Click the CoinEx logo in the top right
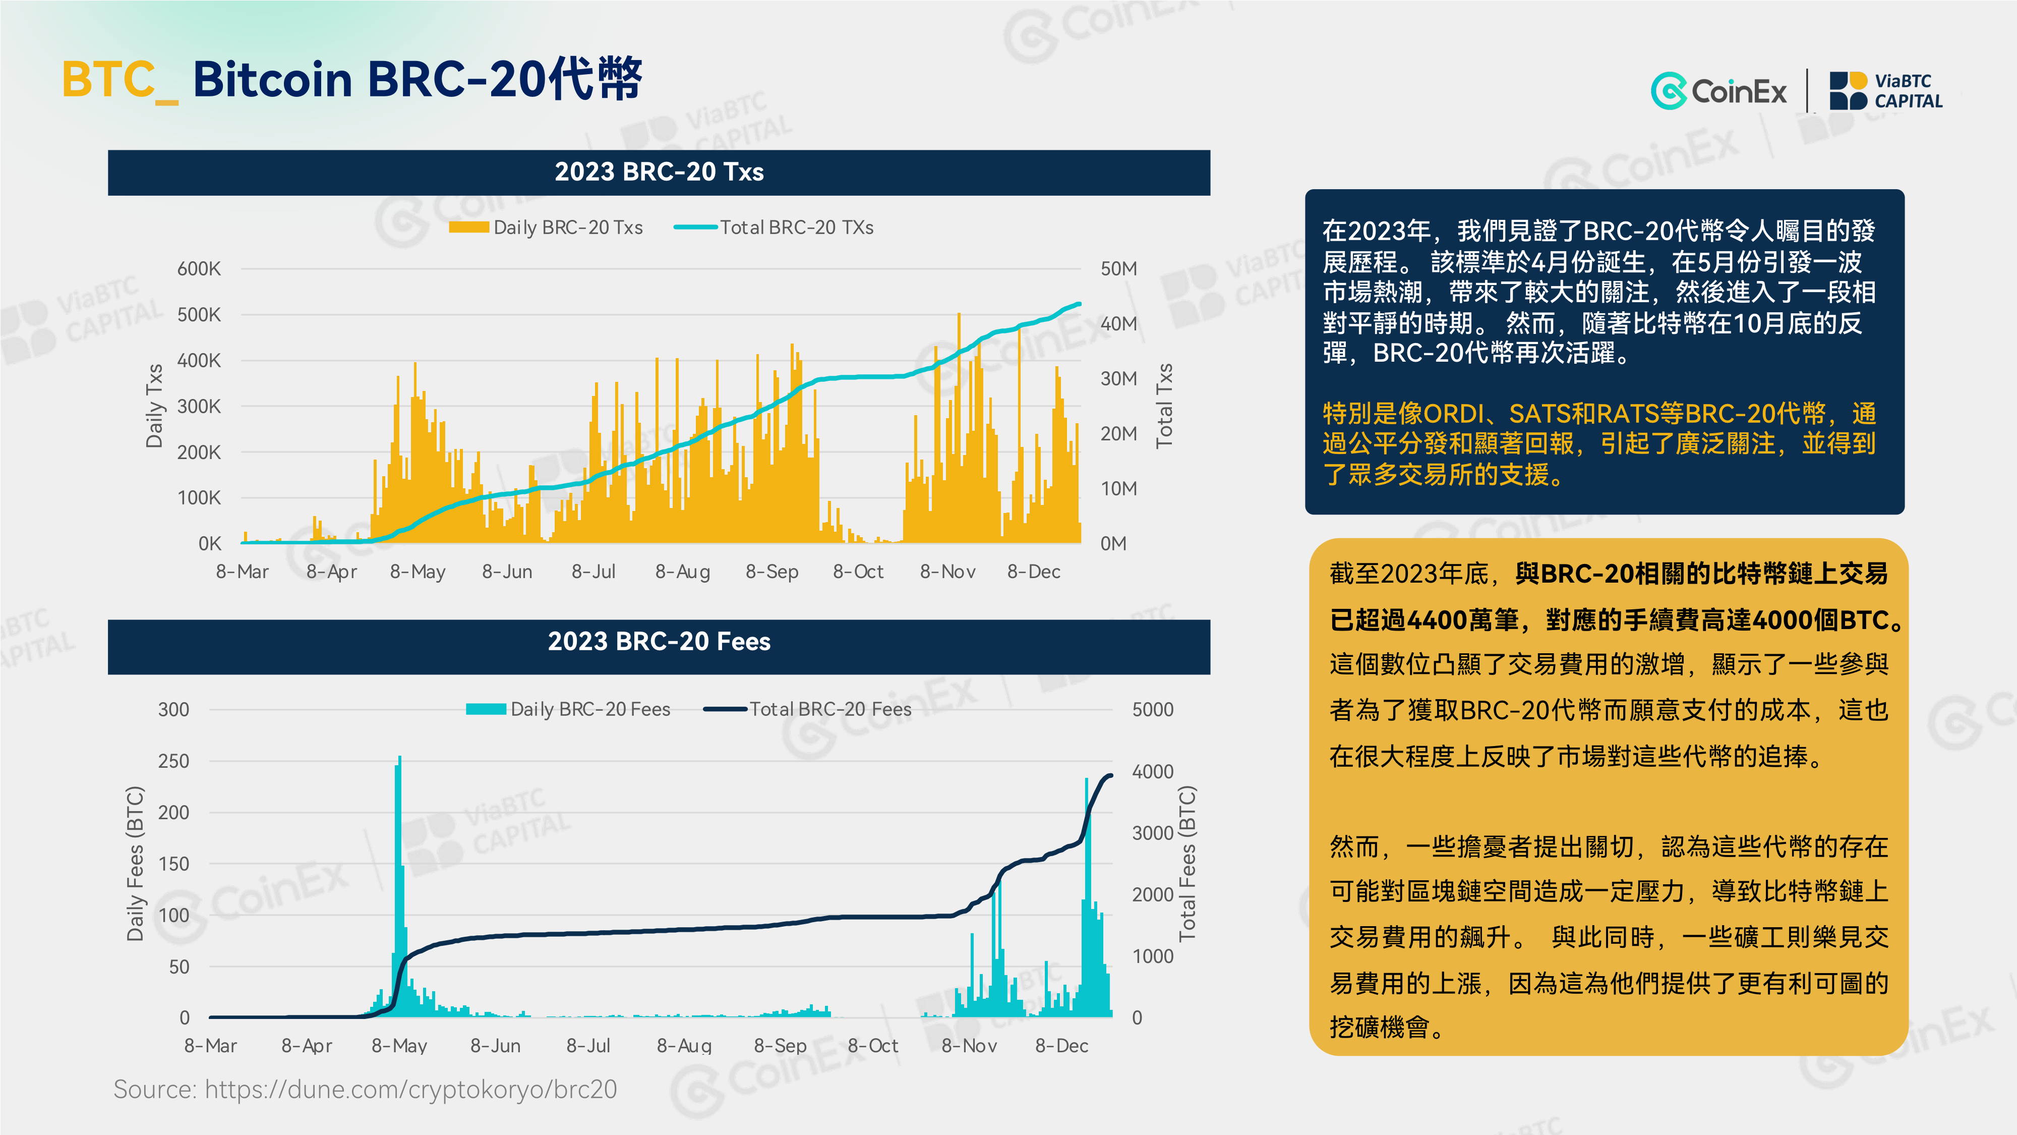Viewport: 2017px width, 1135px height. [x=1718, y=91]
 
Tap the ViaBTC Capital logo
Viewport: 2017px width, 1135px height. [x=1885, y=91]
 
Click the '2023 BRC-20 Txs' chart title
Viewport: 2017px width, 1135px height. [x=659, y=172]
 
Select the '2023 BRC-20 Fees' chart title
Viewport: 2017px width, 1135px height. [x=659, y=642]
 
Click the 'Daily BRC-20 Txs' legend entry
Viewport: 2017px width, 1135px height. [x=546, y=227]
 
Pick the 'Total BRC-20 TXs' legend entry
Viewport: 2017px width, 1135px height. [x=774, y=227]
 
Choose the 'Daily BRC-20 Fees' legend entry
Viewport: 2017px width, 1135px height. [x=568, y=709]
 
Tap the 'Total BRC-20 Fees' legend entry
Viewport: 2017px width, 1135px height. [x=807, y=709]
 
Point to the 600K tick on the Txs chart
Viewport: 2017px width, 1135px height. [x=199, y=269]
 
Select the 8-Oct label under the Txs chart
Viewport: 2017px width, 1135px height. [x=858, y=572]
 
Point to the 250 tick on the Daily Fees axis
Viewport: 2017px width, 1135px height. [x=174, y=761]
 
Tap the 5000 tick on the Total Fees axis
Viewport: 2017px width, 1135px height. [x=1153, y=710]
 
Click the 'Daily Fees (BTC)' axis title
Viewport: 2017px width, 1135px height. [x=136, y=863]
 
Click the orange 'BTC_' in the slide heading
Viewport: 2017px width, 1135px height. [x=121, y=80]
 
